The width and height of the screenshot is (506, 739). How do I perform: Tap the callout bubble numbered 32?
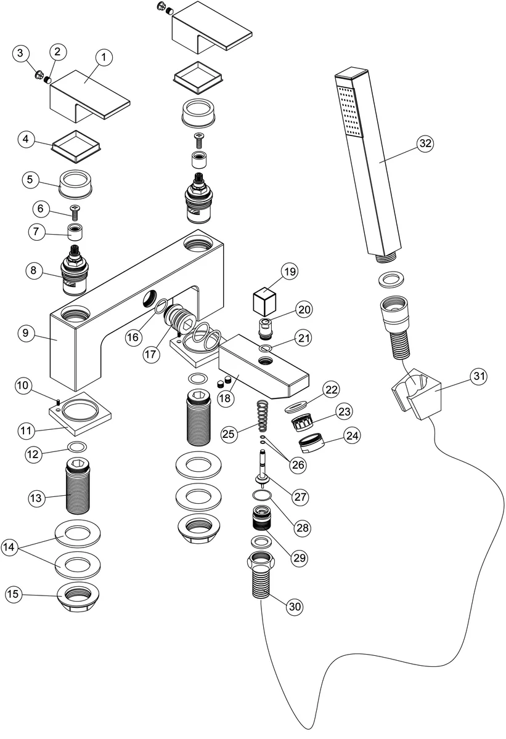point(425,143)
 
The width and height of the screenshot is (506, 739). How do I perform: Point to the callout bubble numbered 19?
point(290,271)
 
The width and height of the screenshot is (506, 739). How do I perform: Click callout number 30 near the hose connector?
point(295,606)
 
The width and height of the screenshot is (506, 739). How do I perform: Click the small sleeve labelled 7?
point(76,233)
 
